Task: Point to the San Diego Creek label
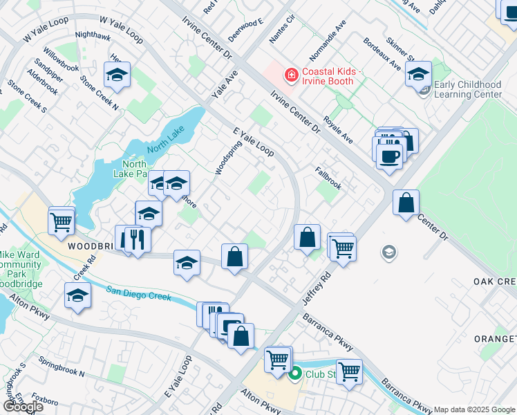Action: point(139,292)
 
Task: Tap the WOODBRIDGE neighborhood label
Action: point(90,246)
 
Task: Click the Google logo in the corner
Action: point(23,407)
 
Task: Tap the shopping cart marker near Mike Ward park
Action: point(62,221)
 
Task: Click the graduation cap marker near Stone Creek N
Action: point(117,76)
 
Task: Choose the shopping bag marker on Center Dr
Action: point(406,203)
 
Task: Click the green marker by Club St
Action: point(295,374)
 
